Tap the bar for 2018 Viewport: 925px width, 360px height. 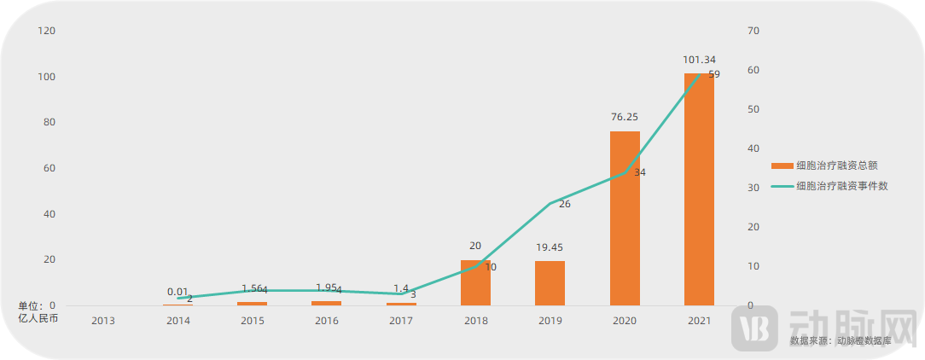tap(475, 282)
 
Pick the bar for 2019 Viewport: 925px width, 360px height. tap(550, 283)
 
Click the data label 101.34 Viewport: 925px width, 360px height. tap(699, 60)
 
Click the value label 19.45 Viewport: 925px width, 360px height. tap(550, 247)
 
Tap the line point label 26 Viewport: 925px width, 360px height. tap(565, 204)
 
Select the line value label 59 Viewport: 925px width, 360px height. tap(714, 74)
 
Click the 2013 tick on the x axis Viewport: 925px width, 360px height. tap(103, 321)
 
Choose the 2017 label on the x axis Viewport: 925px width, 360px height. tap(401, 321)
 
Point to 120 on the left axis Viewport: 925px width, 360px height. tap(47, 31)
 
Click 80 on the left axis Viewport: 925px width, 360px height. tap(49, 122)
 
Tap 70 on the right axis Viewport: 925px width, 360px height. tap(753, 31)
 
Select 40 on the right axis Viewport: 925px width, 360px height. tap(753, 148)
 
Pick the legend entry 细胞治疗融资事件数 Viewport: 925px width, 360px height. tap(841, 186)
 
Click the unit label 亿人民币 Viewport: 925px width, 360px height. tap(38, 317)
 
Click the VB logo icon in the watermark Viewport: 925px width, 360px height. tap(753, 328)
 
